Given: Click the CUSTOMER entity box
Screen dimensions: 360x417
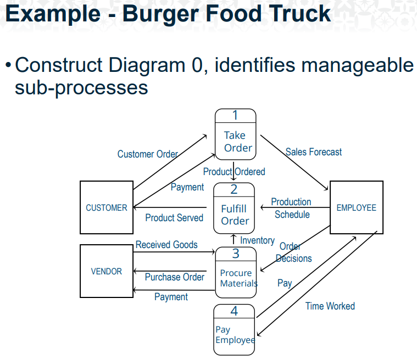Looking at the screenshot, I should [x=106, y=207].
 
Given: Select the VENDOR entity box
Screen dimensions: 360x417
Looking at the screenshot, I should [x=106, y=271].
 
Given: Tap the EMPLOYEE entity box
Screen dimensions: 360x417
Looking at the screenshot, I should [x=356, y=207].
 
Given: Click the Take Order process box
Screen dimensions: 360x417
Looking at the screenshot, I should [x=235, y=134].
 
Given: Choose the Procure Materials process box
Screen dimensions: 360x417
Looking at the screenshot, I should [x=236, y=273].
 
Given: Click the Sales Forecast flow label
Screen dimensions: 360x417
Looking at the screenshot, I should [x=313, y=152].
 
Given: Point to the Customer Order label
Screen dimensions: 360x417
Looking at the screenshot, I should [x=148, y=154].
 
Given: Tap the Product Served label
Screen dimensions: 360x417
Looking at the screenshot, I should [x=174, y=218].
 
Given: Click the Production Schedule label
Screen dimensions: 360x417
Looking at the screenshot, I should [x=291, y=209].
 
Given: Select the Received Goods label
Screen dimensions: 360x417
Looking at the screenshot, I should [x=166, y=245].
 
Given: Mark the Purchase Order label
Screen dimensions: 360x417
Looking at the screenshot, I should [x=174, y=277].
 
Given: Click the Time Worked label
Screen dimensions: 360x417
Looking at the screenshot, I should [x=330, y=306].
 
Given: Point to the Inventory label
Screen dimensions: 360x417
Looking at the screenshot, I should [x=257, y=240].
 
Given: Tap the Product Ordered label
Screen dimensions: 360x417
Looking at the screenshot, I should [x=234, y=172].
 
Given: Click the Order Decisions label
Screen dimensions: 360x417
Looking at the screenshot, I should [x=293, y=252].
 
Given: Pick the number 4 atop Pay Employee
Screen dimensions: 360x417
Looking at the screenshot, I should [x=234, y=311].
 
